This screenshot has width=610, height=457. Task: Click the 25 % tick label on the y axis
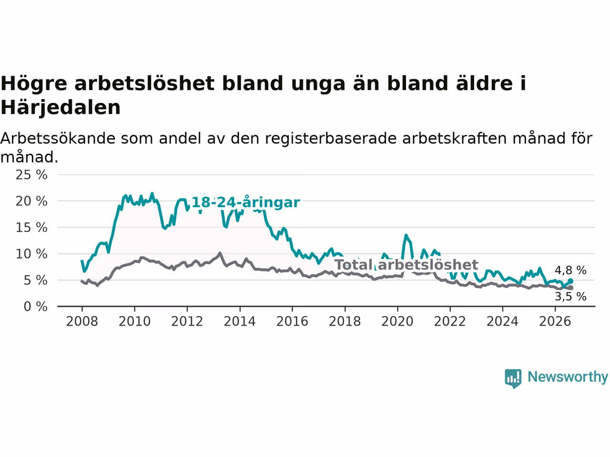(31, 175)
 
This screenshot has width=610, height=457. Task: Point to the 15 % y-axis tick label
(31, 228)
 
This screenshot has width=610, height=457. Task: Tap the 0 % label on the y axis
(36, 307)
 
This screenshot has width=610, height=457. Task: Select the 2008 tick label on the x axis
(82, 322)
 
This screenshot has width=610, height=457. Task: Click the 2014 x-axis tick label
(240, 322)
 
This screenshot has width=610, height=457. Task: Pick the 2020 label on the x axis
(397, 322)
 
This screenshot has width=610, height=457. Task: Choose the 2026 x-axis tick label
(555, 322)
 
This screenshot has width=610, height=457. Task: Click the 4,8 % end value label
(570, 270)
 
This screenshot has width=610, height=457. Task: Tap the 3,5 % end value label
(570, 297)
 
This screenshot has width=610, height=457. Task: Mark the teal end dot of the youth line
(570, 281)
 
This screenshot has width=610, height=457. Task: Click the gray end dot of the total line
(570, 288)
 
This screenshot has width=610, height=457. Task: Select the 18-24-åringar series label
(245, 202)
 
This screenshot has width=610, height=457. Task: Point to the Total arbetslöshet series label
(407, 265)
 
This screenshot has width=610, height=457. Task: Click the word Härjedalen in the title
(61, 108)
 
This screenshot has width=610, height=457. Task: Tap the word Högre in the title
(34, 84)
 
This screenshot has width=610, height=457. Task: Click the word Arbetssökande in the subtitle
(58, 139)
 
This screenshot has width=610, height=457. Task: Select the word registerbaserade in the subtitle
(330, 139)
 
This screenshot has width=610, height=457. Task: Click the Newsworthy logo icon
(513, 378)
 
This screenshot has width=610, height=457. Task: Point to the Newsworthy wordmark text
(568, 377)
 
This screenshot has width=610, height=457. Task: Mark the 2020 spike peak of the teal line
(406, 235)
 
